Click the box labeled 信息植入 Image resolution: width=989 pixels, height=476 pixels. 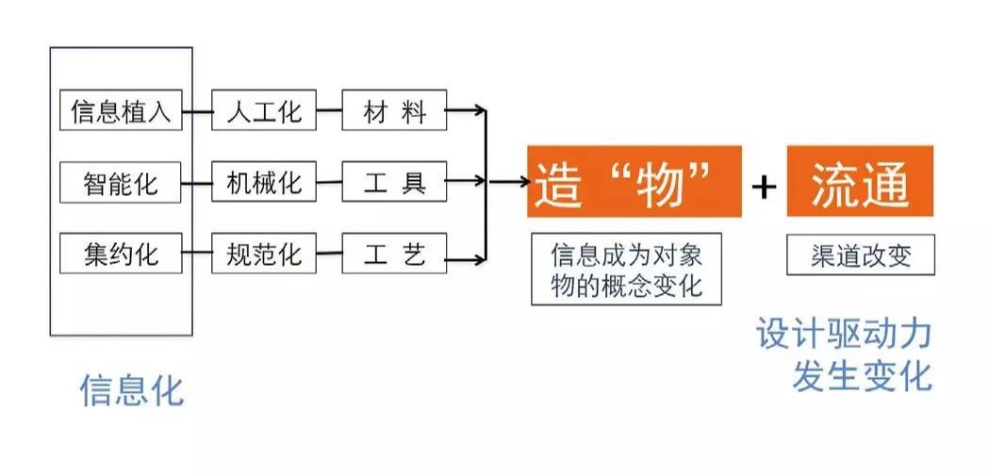[120, 112]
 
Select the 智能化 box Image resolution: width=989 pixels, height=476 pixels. [120, 182]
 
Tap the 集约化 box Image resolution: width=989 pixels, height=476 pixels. [120, 254]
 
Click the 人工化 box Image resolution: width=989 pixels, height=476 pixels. [263, 112]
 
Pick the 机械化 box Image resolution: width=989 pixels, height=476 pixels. [263, 182]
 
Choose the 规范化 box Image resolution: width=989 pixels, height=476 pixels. [263, 254]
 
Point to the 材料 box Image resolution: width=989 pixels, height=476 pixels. [394, 112]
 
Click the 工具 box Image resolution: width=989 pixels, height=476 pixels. [394, 182]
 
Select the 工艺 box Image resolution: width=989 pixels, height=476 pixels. [394, 254]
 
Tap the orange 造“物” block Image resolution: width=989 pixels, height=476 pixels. [634, 182]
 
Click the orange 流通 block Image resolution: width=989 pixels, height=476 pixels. [859, 182]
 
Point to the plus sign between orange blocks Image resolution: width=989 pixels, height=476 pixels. [764, 186]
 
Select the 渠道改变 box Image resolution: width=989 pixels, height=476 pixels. [860, 255]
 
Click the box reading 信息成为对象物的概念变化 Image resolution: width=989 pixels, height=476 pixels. [626, 269]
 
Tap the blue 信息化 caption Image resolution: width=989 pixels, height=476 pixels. [131, 390]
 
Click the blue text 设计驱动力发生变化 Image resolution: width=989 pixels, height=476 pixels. [844, 354]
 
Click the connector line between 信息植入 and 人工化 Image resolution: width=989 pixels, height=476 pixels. [196, 112]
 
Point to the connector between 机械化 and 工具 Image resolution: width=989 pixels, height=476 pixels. [328, 182]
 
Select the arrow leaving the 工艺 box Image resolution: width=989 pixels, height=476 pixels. [466, 254]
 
